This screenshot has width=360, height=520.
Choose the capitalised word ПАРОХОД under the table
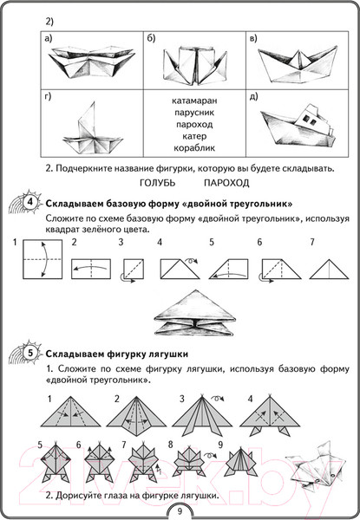click(226, 183)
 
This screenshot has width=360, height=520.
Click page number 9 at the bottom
click(180, 509)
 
